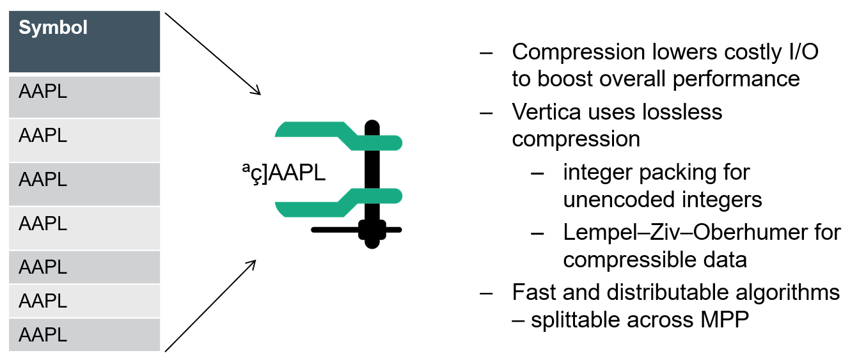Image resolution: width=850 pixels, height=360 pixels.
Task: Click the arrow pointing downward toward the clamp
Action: click(x=212, y=54)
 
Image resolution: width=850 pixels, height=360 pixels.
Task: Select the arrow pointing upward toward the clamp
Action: click(x=210, y=306)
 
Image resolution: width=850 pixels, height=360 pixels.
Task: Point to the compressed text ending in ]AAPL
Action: click(x=281, y=173)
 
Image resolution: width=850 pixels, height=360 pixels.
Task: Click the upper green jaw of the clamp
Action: click(x=333, y=135)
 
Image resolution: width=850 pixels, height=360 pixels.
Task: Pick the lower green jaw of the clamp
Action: click(x=333, y=201)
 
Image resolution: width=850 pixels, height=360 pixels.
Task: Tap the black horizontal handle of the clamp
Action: click(x=355, y=230)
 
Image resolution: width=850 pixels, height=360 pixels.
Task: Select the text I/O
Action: click(x=800, y=52)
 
